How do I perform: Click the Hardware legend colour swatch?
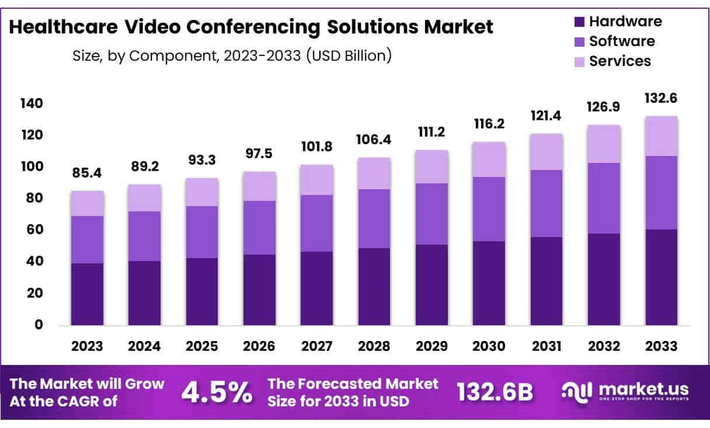click(x=579, y=22)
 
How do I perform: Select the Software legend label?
click(x=622, y=41)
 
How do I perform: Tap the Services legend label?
click(x=619, y=61)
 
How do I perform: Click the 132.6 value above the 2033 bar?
click(x=661, y=98)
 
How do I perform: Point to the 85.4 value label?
click(x=87, y=173)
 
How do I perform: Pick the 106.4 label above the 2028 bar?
click(x=374, y=140)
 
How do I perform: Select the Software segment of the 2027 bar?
click(x=317, y=223)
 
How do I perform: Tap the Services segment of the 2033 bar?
click(x=661, y=136)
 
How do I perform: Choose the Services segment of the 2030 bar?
click(x=489, y=159)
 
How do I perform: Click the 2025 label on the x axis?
click(x=202, y=346)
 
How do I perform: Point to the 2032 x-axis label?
click(x=604, y=346)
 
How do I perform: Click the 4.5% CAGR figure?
click(x=216, y=392)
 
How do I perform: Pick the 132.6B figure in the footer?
click(x=494, y=392)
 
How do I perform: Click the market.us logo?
click(x=625, y=391)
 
